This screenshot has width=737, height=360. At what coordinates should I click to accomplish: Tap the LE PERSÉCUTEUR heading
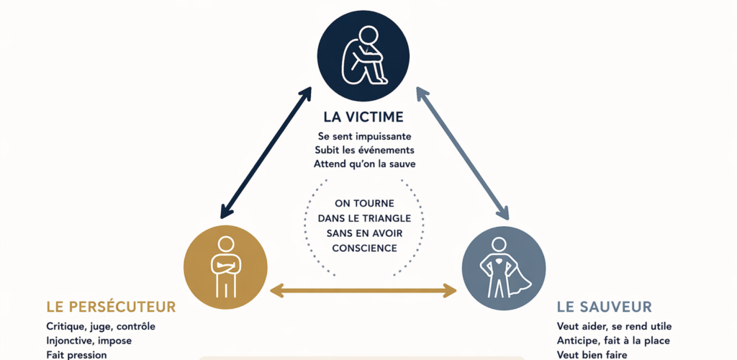pos(111,307)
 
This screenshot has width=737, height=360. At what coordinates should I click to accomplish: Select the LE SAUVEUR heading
pos(605,307)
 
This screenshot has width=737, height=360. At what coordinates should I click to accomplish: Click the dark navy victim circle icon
pos(368,54)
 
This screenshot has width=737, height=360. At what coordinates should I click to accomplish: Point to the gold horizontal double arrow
pos(363,291)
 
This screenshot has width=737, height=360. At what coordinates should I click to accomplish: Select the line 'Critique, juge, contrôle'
pos(101,327)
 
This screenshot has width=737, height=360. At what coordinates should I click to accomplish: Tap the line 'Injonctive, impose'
pos(89,341)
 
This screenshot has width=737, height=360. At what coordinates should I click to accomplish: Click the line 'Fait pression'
pos(76,354)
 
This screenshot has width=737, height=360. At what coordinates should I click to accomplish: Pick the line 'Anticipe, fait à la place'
pos(614,341)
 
